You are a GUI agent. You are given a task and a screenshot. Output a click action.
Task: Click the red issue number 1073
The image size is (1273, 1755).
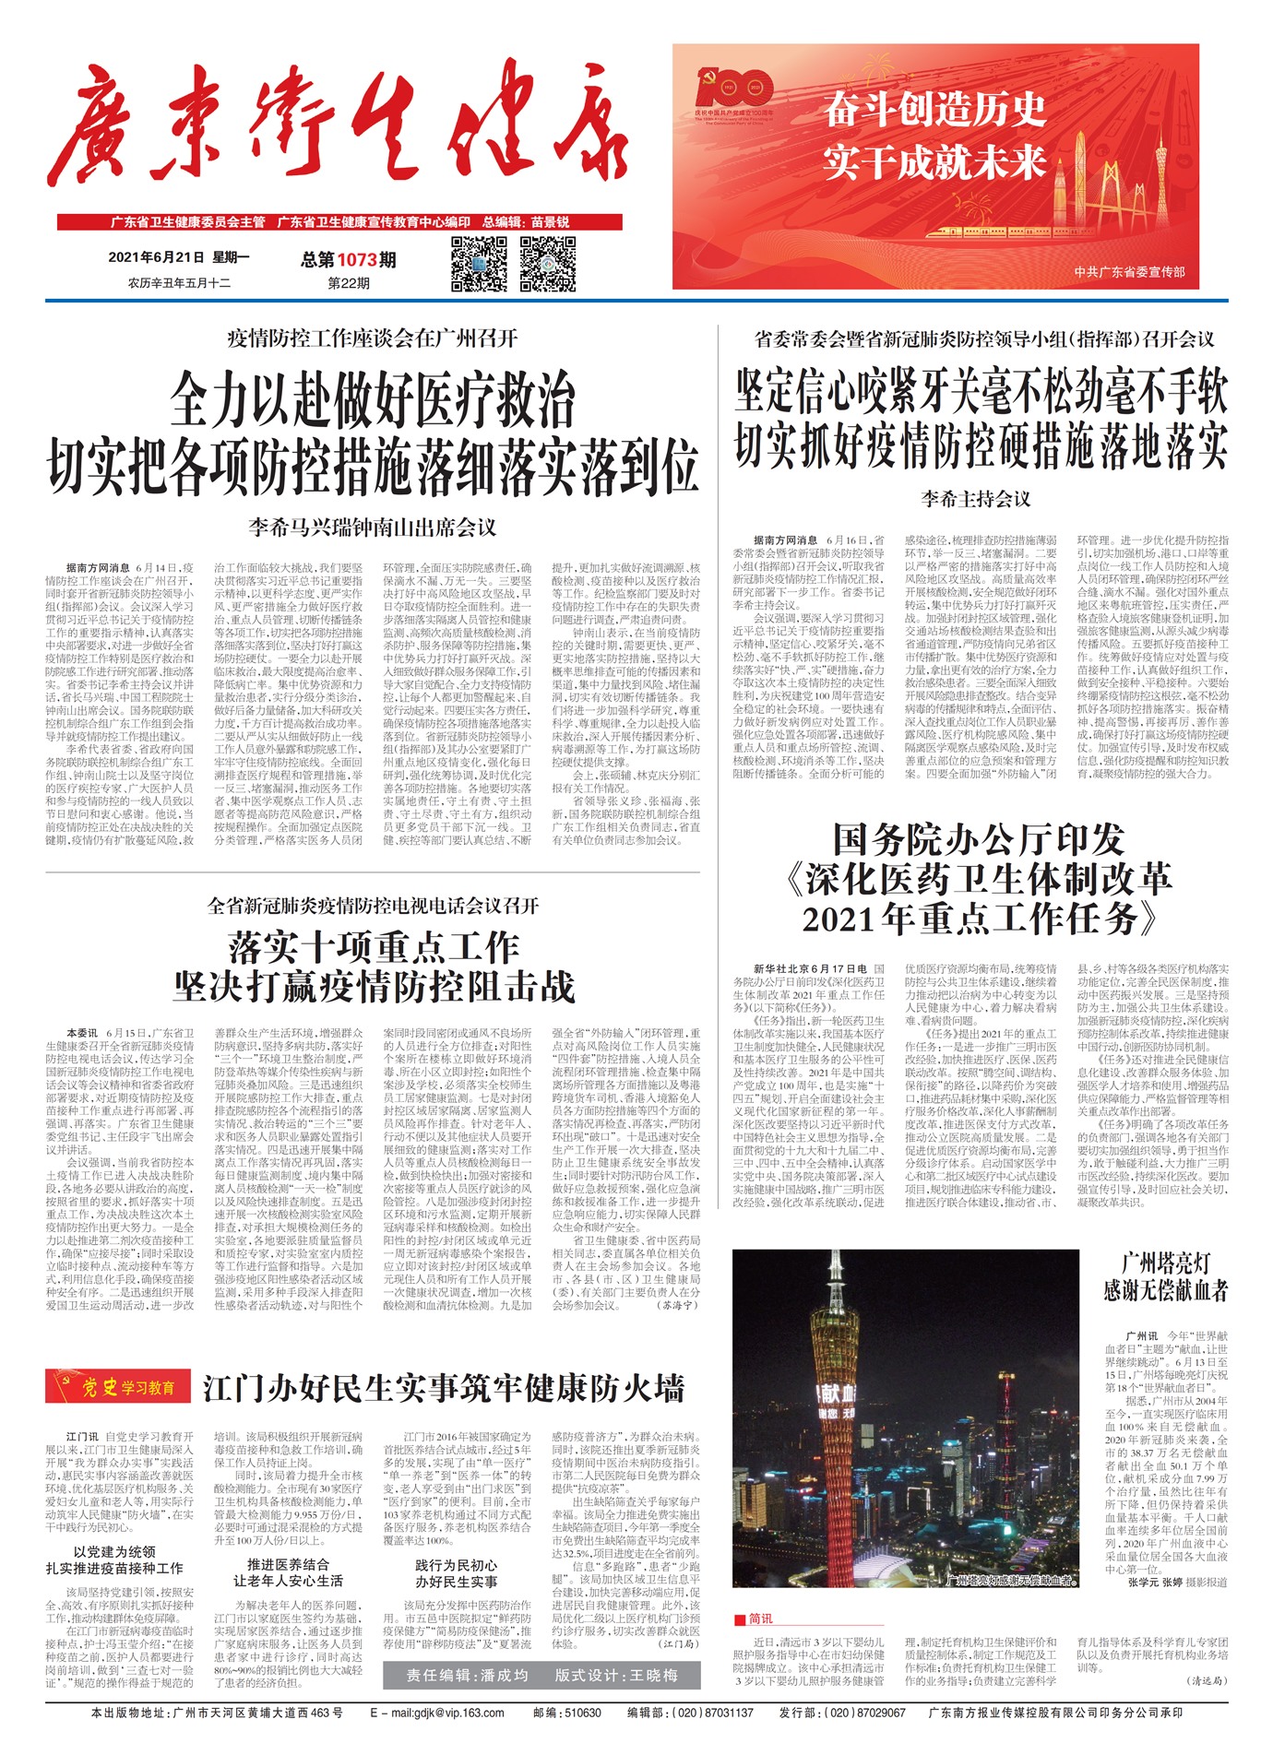click(x=357, y=260)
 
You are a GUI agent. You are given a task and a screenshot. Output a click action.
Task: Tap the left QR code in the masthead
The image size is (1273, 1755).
click(x=479, y=264)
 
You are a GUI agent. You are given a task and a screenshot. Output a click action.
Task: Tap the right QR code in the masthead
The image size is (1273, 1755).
click(x=548, y=264)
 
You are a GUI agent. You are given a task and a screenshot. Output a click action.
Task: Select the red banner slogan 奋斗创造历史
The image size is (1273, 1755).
click(x=934, y=111)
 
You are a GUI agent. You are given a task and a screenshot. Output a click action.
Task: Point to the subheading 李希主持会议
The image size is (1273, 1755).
click(x=976, y=499)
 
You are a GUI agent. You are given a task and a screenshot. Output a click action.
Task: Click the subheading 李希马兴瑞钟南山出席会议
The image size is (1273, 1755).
click(x=373, y=528)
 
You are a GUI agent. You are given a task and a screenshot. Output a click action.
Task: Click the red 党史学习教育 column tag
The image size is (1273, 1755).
click(x=118, y=1387)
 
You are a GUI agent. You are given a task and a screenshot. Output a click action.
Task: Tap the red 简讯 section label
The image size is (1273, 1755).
click(x=754, y=1619)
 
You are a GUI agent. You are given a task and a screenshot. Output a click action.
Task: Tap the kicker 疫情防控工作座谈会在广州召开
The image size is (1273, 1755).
click(x=373, y=338)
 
